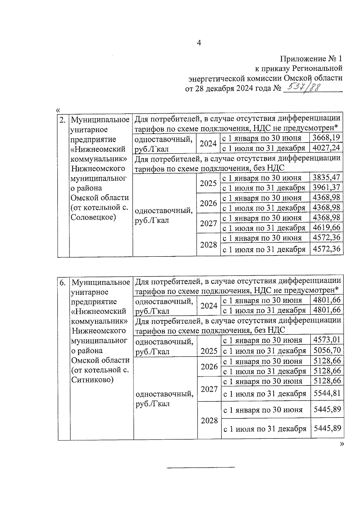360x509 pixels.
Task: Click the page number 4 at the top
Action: coord(199,43)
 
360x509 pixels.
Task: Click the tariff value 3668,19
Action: coord(326,138)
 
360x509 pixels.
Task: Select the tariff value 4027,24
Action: coord(326,148)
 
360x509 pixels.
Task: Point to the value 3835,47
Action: coord(326,178)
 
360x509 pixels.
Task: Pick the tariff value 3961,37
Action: coord(326,187)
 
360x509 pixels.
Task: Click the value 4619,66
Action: coord(326,228)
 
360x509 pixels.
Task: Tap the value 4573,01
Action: coord(327,340)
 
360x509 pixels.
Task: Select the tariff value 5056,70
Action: coord(327,350)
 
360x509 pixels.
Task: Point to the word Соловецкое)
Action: coord(93,217)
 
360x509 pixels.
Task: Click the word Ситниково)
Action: coord(92,380)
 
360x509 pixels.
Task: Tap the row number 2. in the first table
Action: coord(63,120)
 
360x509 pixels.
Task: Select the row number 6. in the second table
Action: coord(63,283)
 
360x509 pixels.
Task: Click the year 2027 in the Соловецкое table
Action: coord(208,223)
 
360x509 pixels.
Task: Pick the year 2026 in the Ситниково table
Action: coord(209,366)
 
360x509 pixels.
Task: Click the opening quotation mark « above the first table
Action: coord(58,110)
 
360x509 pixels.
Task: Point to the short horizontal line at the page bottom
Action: coord(201,467)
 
